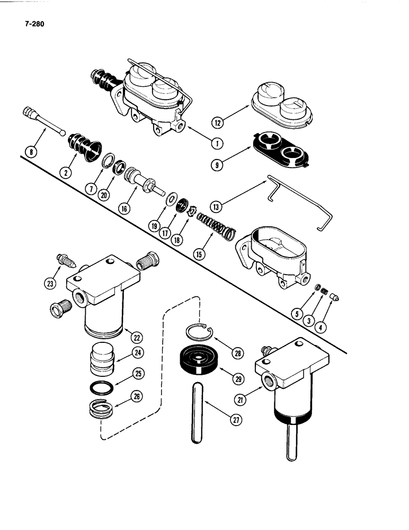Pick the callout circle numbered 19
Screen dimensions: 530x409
(x=154, y=225)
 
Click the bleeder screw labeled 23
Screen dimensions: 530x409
(x=66, y=262)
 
